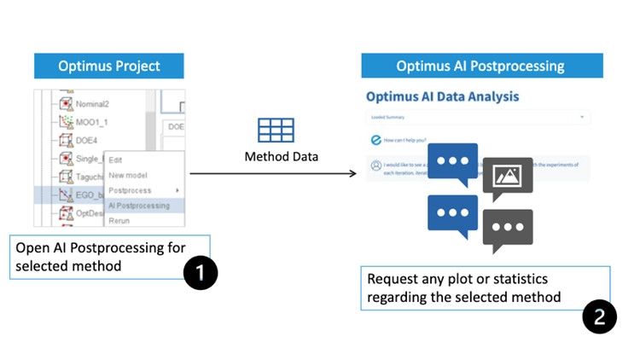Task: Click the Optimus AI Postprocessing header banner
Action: coord(481,66)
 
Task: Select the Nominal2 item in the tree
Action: coord(92,103)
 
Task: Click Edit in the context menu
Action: coord(117,160)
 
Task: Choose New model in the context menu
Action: coord(128,175)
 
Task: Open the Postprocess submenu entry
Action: coord(130,190)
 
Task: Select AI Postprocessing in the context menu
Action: coord(139,206)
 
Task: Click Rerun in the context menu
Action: coord(120,220)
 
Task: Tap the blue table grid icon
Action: coord(276,130)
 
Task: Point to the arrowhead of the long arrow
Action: coord(352,174)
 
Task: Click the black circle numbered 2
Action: coord(599,317)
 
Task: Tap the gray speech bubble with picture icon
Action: coord(508,177)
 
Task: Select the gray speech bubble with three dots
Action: coord(508,229)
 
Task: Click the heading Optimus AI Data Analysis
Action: coord(442,98)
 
